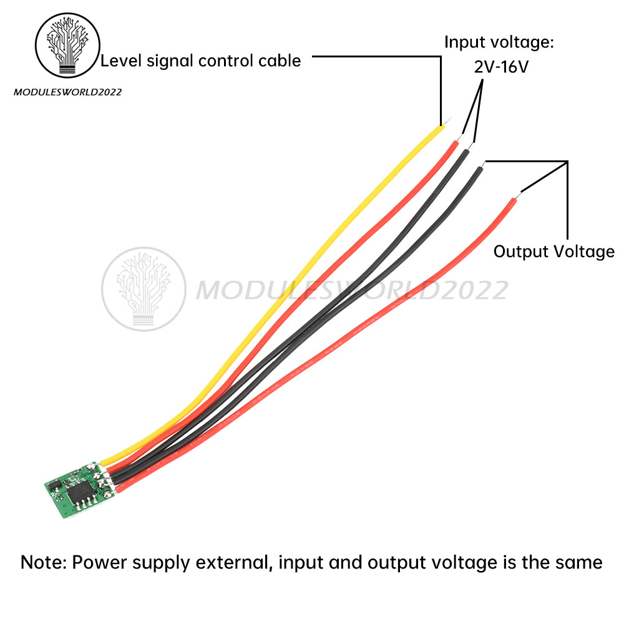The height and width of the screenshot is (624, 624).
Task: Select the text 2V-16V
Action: pyautogui.click(x=501, y=66)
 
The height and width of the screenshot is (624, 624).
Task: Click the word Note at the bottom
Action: pyautogui.click(x=43, y=562)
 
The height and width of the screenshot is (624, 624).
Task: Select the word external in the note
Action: pyautogui.click(x=234, y=562)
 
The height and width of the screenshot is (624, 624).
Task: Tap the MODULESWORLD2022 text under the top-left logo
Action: pyautogui.click(x=67, y=92)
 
